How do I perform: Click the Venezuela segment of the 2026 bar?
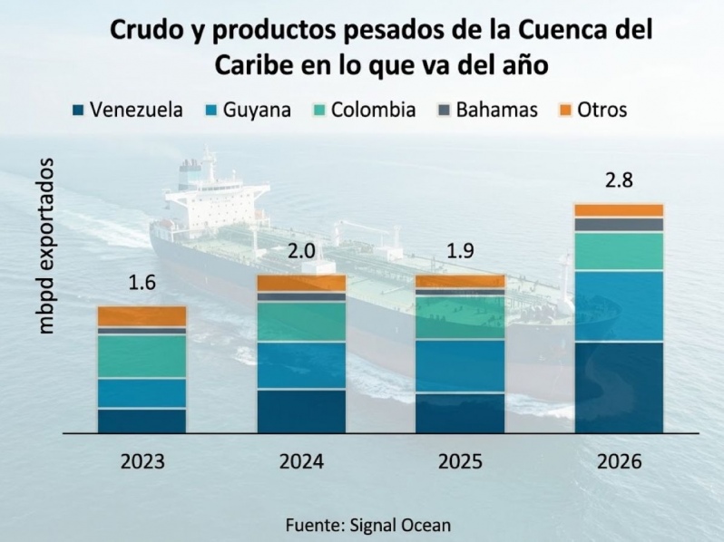[619, 388]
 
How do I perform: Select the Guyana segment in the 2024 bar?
[301, 366]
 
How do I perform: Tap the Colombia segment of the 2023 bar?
[142, 356]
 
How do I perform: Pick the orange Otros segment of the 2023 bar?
[142, 316]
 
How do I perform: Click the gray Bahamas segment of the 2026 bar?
[619, 225]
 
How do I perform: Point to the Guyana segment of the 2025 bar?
[460, 366]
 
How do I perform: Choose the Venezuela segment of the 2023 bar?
[142, 421]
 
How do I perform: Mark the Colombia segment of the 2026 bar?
[619, 251]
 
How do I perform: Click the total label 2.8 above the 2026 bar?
[619, 180]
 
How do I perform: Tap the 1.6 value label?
[142, 282]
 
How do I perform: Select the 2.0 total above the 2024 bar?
[301, 251]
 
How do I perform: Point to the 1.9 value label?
[460, 251]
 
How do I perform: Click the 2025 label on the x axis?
[460, 461]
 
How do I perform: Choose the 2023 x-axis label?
[142, 461]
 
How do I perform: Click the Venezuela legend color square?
[78, 111]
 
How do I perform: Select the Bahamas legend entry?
[487, 111]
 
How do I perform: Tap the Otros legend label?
[602, 111]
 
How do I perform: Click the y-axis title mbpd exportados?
[46, 246]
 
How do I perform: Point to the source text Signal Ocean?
[400, 525]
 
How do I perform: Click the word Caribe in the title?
[253, 65]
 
